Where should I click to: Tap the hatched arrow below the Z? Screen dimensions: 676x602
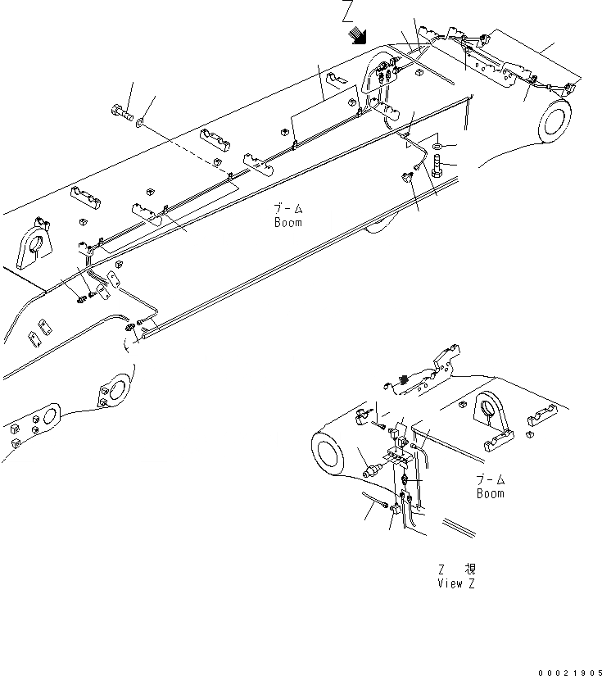(x=357, y=34)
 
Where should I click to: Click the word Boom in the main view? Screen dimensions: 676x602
(x=287, y=222)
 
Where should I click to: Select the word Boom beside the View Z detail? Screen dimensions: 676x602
(x=491, y=493)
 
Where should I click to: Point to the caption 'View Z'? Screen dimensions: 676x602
(x=455, y=583)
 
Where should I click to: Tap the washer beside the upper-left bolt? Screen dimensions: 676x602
(x=141, y=122)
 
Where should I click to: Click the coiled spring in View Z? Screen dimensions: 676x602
(x=404, y=379)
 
